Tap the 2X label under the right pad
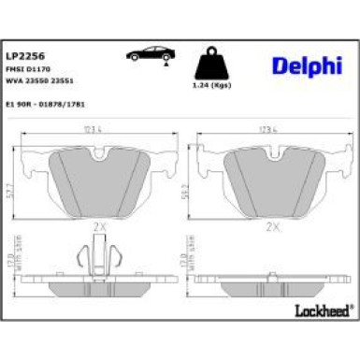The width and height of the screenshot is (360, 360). pos(273,226)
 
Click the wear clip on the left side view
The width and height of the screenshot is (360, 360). pos(95,262)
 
